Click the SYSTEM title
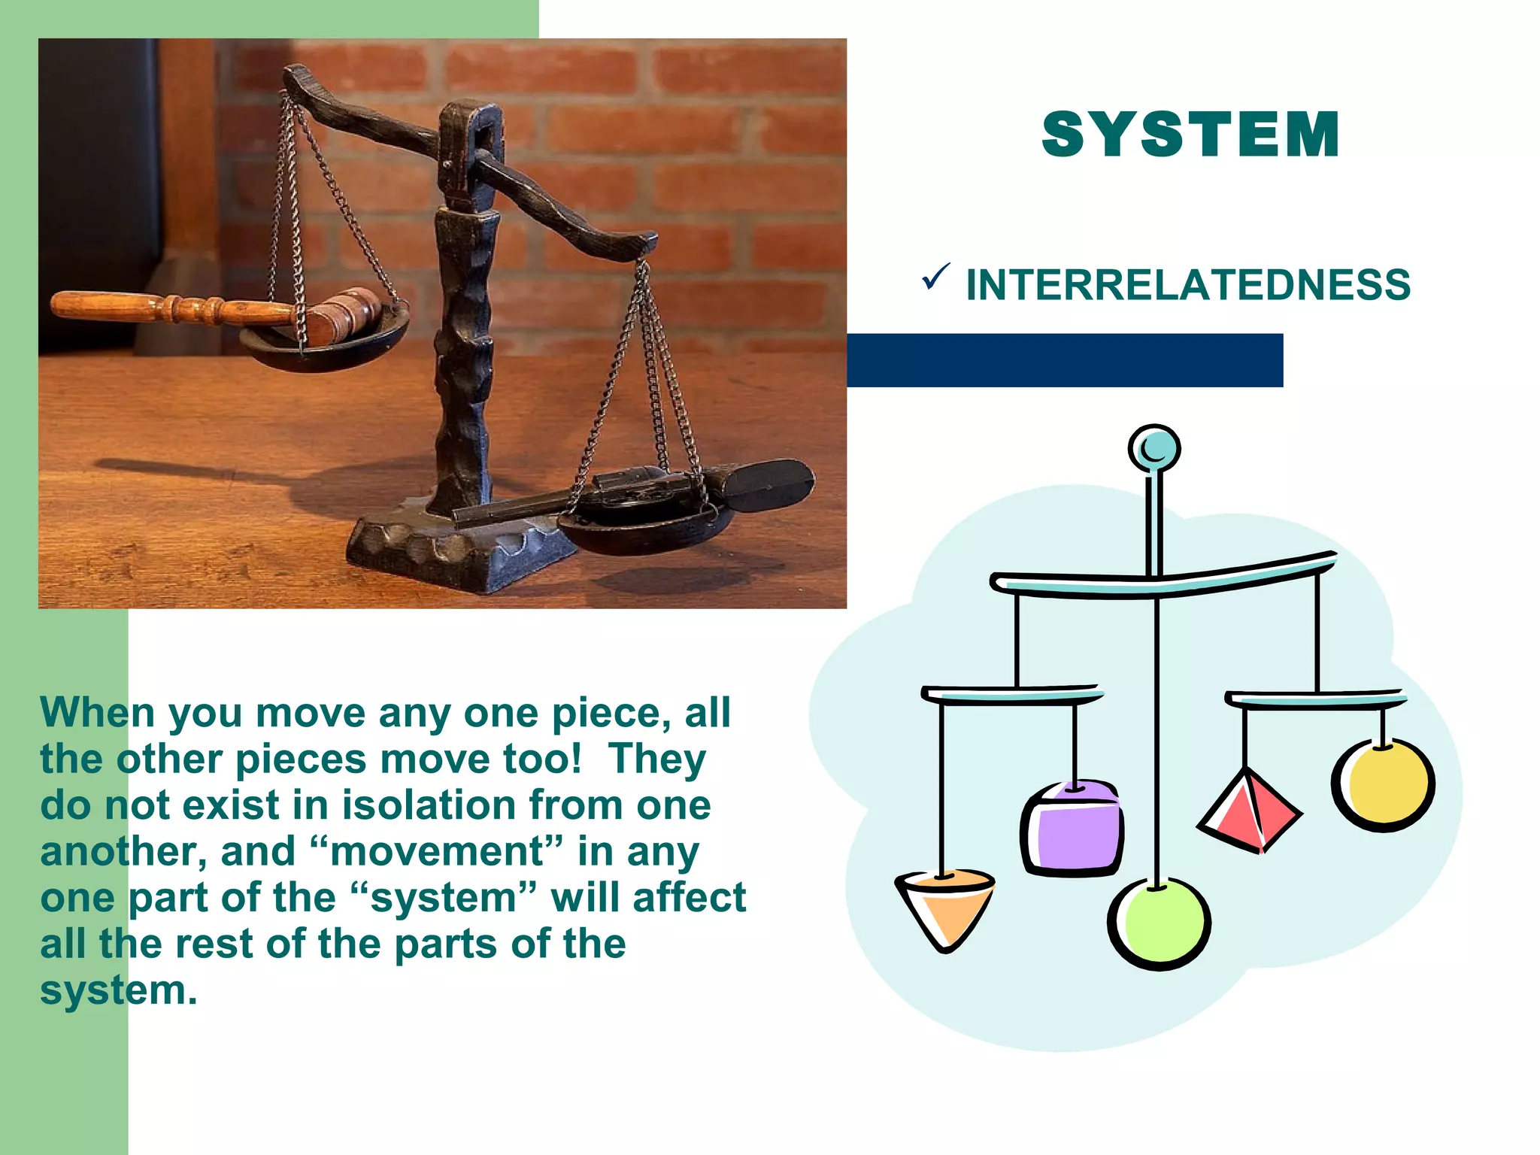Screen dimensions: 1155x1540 [x=1190, y=135]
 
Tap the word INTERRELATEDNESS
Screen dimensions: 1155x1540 [x=1188, y=285]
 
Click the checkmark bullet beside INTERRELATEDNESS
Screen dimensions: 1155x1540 [x=935, y=277]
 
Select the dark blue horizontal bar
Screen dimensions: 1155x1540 [x=1064, y=360]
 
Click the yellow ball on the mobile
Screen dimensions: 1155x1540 [x=1384, y=785]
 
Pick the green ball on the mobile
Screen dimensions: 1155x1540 [x=1159, y=924]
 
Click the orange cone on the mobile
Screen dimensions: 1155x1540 [x=945, y=907]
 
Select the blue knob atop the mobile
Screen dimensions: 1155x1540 [x=1154, y=449]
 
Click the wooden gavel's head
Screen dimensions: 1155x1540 [x=347, y=314]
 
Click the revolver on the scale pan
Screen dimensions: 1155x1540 [x=639, y=488]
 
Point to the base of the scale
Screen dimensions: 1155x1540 [x=451, y=549]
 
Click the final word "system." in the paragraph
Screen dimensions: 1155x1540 [x=119, y=990]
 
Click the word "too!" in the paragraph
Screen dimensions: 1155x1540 [x=542, y=759]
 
